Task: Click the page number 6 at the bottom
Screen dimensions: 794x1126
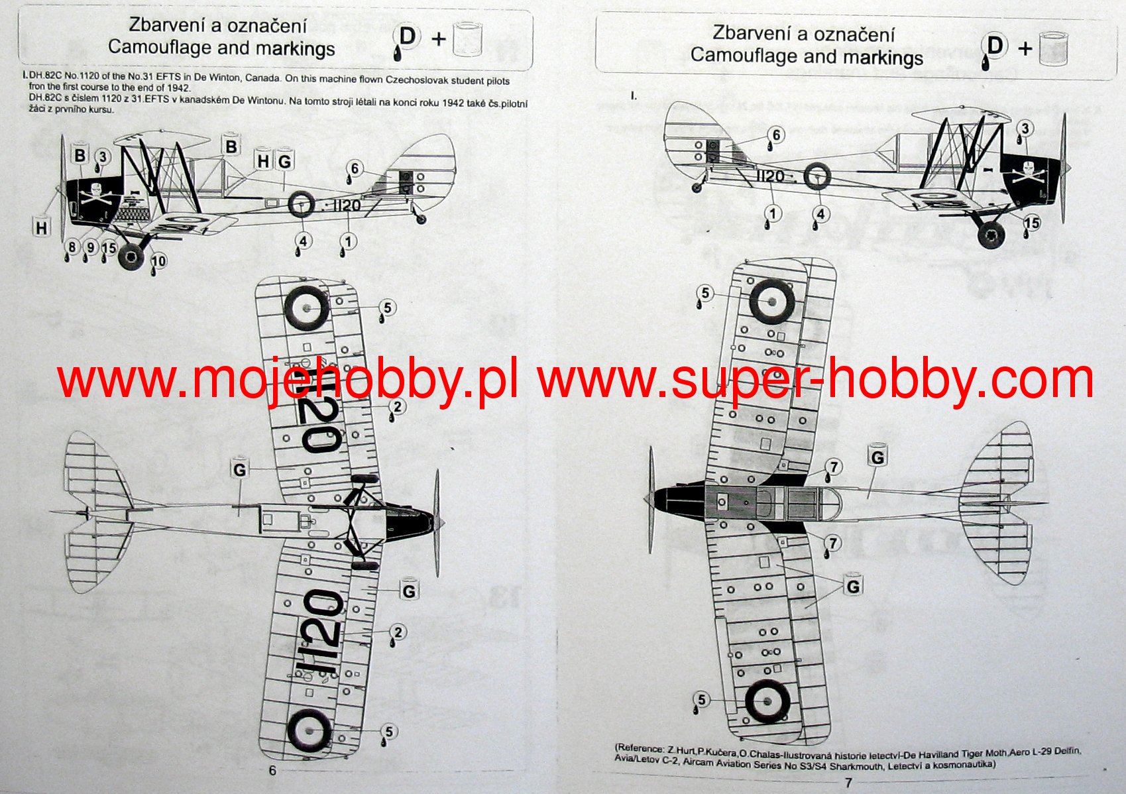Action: pos(272,771)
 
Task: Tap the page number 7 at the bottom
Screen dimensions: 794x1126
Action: pos(848,783)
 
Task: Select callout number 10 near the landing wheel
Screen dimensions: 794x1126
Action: pos(158,261)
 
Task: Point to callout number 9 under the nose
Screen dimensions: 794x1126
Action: pos(90,248)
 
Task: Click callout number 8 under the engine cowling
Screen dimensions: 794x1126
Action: pos(72,248)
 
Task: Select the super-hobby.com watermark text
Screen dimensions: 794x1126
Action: pos(815,380)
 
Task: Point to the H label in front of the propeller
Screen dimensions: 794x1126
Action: pos(41,228)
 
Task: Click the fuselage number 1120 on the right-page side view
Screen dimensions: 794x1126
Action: pos(769,176)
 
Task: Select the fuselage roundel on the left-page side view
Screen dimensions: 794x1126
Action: pos(302,205)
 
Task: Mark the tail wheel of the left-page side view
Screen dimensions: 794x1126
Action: pos(421,219)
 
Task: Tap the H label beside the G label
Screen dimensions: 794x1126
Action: pos(263,161)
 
